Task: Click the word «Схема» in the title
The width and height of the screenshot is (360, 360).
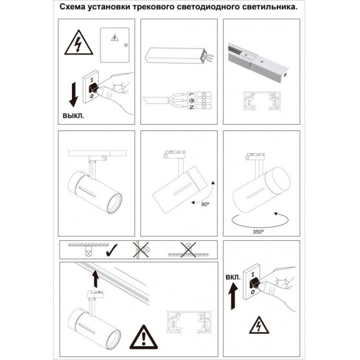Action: click(73, 7)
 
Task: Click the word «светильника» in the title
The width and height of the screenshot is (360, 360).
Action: click(269, 7)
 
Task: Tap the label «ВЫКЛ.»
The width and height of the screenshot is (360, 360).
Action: click(73, 115)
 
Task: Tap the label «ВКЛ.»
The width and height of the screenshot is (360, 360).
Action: click(233, 277)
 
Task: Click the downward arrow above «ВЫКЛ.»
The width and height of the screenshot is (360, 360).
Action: click(74, 95)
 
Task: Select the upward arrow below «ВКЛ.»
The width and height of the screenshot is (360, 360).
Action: click(233, 296)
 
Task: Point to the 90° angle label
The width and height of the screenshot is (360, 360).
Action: click(205, 204)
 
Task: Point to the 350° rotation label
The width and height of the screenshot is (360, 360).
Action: click(258, 232)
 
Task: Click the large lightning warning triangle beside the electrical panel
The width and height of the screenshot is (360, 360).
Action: click(79, 43)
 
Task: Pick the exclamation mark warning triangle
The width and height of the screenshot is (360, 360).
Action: click(144, 337)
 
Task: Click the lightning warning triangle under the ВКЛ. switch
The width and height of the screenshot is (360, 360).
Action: click(259, 325)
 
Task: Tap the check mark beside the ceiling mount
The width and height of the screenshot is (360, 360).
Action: click(112, 250)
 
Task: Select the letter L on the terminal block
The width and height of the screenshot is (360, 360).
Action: click(191, 94)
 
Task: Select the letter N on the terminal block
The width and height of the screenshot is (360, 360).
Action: click(191, 107)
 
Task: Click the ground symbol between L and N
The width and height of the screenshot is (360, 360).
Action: click(191, 101)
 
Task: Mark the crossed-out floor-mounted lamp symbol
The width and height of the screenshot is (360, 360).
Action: click(188, 250)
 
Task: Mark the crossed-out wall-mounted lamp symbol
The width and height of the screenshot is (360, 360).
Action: click(141, 250)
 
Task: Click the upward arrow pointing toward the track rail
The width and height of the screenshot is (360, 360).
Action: click(96, 279)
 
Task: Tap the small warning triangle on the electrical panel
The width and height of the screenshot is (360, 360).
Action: click(115, 38)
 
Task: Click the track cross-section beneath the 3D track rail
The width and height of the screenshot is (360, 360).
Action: click(262, 101)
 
